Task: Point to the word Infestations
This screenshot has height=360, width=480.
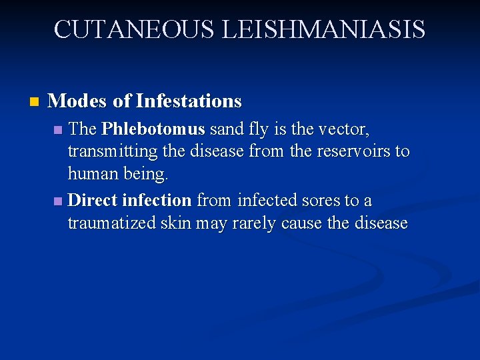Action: click(189, 101)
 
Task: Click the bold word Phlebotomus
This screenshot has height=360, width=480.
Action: click(153, 128)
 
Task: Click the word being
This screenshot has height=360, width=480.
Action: click(145, 175)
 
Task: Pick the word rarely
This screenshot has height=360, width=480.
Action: click(254, 223)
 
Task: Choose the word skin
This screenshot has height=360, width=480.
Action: click(175, 223)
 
